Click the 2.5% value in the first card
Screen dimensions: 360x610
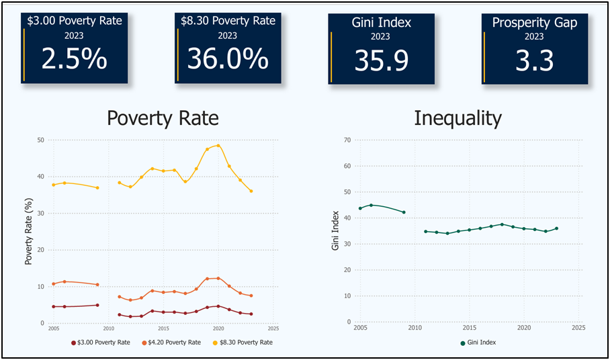(75, 59)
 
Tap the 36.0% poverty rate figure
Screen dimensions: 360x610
(228, 59)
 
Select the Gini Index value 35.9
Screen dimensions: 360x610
(381, 60)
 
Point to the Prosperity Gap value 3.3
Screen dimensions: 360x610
(534, 60)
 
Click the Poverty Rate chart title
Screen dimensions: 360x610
(163, 118)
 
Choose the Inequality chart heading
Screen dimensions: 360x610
(458, 118)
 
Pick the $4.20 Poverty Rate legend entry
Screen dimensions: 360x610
(171, 343)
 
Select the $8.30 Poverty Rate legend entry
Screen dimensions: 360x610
(243, 343)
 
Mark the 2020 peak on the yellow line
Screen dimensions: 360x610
(218, 145)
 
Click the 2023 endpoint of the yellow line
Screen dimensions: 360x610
(251, 191)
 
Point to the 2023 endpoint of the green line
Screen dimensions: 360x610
(556, 228)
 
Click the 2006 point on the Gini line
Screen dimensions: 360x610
(371, 205)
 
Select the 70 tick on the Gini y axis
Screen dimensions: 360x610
(347, 140)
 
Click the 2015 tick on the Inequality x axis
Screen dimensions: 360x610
(469, 328)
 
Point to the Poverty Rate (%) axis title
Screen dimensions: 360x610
(29, 231)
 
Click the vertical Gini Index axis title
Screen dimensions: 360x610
(335, 231)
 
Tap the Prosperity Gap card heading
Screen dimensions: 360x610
(534, 22)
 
